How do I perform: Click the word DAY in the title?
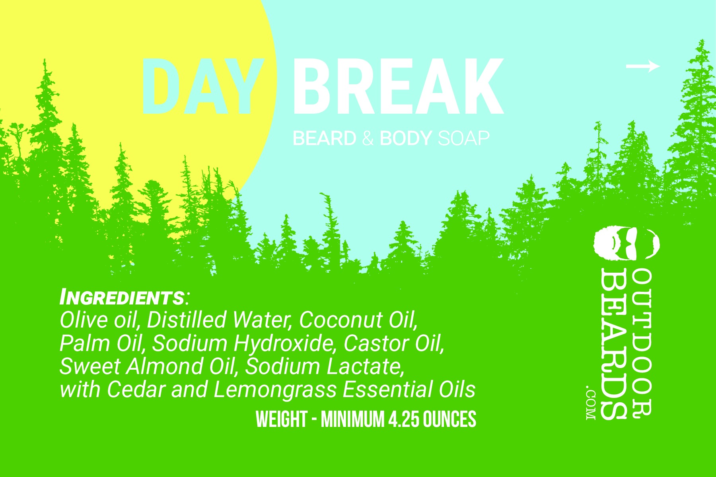click(x=203, y=86)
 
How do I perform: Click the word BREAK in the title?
click(x=398, y=86)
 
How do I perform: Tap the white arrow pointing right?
click(x=643, y=66)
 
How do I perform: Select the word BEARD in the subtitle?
click(x=324, y=138)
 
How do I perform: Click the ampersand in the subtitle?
click(x=368, y=138)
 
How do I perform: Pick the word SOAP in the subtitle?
click(x=463, y=138)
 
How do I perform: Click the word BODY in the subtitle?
click(x=406, y=138)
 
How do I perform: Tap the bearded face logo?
click(x=627, y=244)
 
